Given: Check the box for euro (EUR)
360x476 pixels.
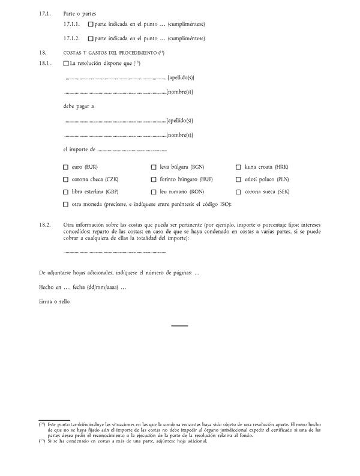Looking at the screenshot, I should (x=66, y=167).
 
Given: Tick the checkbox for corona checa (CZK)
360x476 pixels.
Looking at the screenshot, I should (x=66, y=179).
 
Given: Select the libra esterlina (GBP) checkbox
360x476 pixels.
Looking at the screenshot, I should (x=66, y=192).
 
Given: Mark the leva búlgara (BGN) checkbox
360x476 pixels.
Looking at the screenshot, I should (x=154, y=167).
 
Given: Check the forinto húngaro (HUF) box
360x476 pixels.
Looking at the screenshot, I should (x=154, y=179).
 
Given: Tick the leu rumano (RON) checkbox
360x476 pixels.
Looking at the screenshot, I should (x=154, y=192).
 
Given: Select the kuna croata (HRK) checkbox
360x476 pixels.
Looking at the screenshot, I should (x=239, y=167).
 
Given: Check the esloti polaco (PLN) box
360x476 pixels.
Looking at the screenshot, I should (x=239, y=179).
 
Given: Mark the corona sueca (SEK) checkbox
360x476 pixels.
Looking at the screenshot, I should (x=239, y=192).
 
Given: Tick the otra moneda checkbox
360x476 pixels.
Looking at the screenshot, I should (x=66, y=205).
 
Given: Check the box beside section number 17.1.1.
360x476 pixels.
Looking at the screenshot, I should (x=91, y=25).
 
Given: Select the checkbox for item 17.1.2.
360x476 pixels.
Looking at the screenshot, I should (x=91, y=38).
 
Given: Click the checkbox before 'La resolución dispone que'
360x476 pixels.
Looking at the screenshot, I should (x=66, y=64).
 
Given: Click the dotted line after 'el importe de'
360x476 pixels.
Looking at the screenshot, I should (x=132, y=150).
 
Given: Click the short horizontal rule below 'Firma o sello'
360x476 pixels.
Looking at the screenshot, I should (x=179, y=326).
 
